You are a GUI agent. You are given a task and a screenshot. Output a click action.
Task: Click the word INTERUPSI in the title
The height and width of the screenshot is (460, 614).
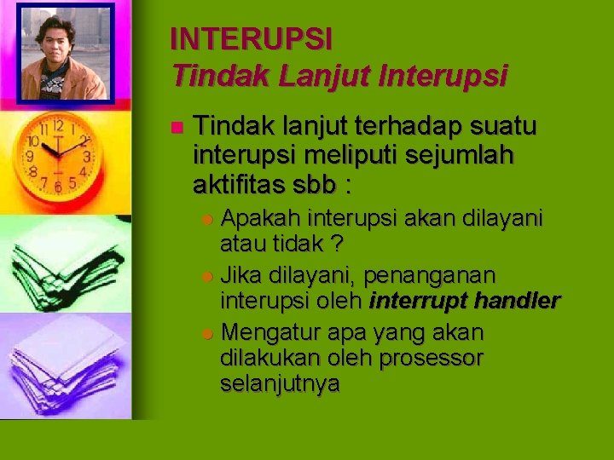251,38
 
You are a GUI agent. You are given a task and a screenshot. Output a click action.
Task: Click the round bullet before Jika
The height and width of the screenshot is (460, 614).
209,275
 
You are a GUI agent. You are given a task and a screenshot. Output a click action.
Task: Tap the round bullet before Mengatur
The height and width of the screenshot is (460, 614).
209,331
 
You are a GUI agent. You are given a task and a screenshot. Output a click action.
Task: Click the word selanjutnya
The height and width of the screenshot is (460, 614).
280,385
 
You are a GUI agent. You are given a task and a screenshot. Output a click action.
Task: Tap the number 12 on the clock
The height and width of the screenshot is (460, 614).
57,125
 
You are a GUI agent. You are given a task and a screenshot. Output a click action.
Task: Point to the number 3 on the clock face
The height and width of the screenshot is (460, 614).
88,158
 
